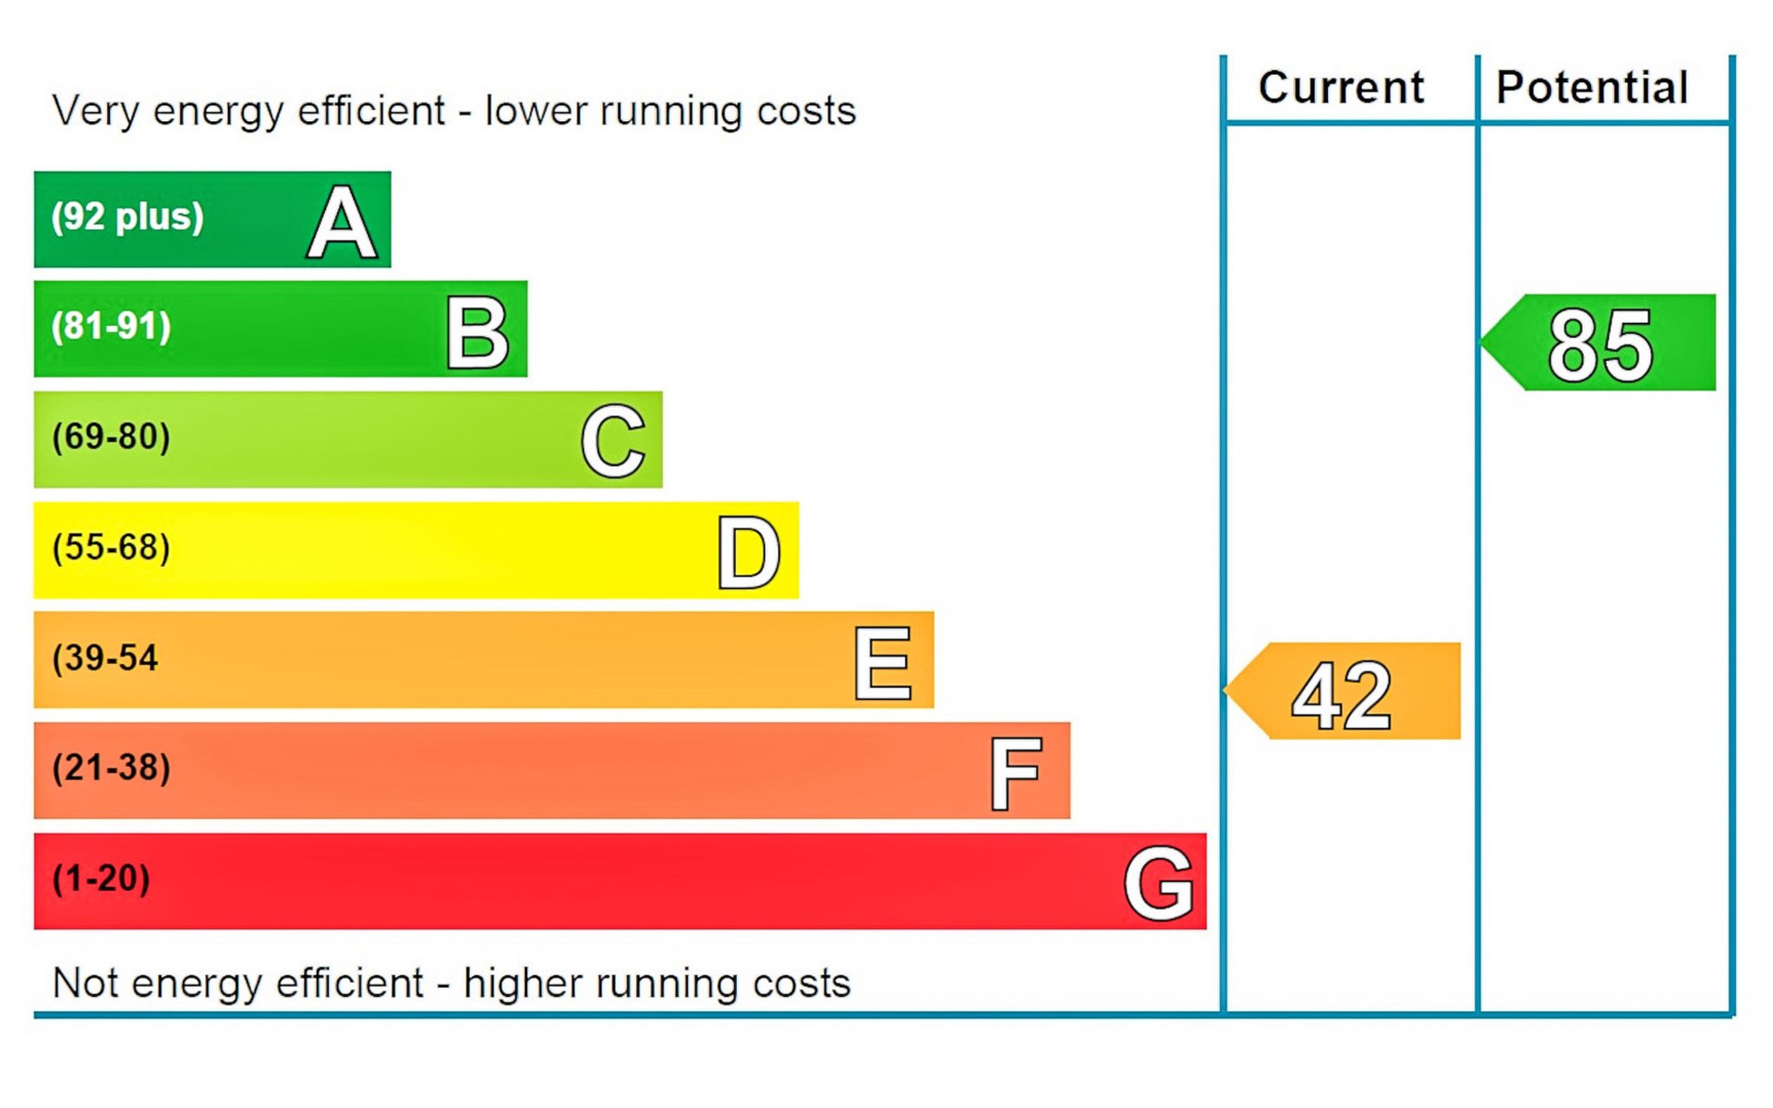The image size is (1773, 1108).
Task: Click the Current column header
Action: click(1341, 88)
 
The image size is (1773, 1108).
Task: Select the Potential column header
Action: click(1592, 88)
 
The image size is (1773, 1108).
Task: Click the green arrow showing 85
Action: click(1601, 343)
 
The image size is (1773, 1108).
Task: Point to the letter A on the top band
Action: click(342, 222)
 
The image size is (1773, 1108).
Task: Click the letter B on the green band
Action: click(477, 332)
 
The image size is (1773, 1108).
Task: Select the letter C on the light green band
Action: click(613, 441)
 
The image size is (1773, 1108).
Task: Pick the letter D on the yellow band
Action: click(749, 552)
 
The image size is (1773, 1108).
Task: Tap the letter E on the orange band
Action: click(884, 663)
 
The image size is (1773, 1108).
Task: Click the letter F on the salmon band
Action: click(1016, 773)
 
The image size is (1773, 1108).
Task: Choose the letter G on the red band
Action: click(1159, 884)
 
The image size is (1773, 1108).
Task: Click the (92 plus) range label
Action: click(127, 217)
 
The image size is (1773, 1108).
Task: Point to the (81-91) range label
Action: click(112, 327)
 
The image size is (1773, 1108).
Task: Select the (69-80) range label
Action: click(112, 437)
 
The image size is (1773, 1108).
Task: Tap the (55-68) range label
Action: click(112, 548)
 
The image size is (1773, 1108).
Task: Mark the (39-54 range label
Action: click(105, 658)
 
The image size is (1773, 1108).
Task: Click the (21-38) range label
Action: click(112, 768)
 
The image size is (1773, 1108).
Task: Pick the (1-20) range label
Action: click(102, 878)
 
